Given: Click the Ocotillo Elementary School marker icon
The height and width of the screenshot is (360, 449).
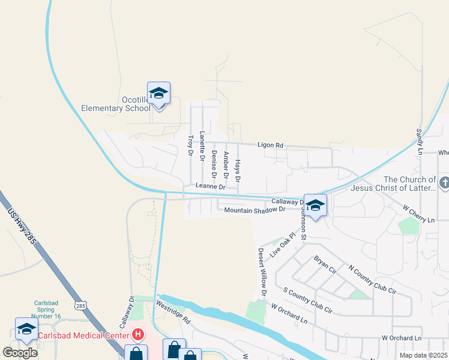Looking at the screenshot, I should (x=159, y=94).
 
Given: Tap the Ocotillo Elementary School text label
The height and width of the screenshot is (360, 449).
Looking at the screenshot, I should (x=116, y=104).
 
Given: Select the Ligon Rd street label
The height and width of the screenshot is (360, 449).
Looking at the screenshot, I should (x=270, y=145).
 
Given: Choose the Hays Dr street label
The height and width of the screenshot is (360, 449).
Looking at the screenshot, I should (x=238, y=171).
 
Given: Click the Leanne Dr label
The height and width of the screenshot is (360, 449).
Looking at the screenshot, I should (x=210, y=187).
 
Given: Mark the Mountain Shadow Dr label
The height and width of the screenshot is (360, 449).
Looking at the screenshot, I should (x=253, y=210).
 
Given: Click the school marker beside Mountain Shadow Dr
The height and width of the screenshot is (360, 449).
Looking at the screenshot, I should (x=315, y=206).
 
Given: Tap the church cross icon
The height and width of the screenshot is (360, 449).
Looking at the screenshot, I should (x=444, y=182).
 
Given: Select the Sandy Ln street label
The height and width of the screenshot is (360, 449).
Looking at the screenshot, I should (x=419, y=142).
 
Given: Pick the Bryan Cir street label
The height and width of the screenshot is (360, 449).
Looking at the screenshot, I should (x=325, y=264).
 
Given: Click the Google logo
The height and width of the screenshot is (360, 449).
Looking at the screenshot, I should (x=20, y=352).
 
